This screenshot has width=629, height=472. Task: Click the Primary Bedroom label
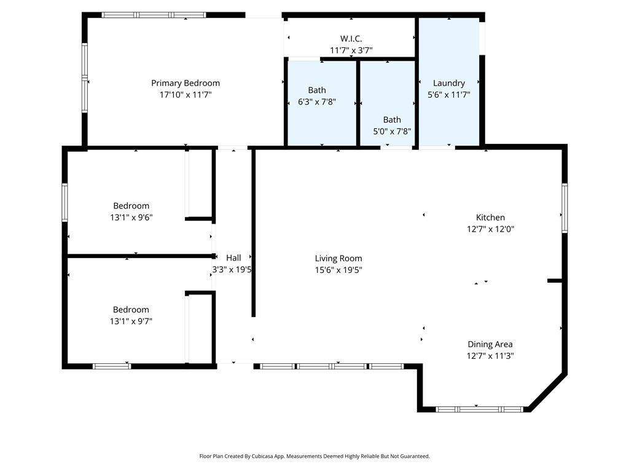coord(186,83)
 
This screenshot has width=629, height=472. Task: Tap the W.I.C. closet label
coord(351,39)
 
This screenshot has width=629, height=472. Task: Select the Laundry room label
coord(449,83)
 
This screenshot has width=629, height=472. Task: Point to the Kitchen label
coord(490,218)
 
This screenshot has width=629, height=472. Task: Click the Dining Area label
coord(490,344)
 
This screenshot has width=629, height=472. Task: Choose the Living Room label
coord(338,259)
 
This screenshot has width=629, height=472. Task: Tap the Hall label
coord(233,258)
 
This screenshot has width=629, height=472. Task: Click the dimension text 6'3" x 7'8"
coord(317,102)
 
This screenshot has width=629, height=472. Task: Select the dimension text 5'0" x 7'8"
coord(392,132)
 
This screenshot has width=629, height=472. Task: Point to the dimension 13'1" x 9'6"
coord(131,218)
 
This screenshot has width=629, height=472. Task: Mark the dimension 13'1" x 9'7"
coord(131,321)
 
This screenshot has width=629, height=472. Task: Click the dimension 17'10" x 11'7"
coord(186,95)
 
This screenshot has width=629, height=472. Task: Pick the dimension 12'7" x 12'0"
coord(490,229)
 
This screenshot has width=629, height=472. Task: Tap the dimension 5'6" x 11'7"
coord(449,95)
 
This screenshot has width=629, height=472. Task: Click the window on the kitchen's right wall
coord(565,208)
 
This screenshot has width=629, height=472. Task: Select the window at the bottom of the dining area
coord(479,409)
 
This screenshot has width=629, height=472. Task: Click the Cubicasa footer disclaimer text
coord(314,457)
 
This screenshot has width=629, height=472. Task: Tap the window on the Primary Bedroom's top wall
coord(154,15)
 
